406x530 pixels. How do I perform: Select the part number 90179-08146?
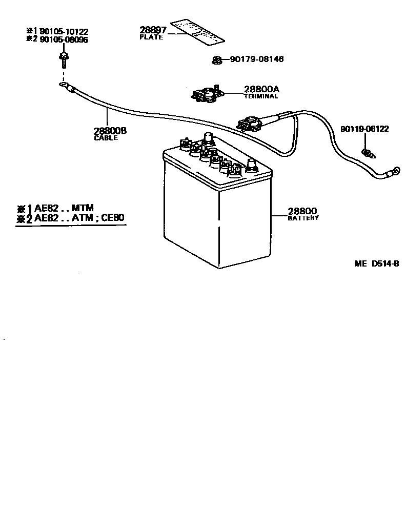[256, 59]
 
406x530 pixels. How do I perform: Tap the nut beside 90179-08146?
[216, 60]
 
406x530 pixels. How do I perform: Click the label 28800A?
[261, 89]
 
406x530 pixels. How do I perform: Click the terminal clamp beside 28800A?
[208, 94]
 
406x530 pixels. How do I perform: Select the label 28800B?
[110, 131]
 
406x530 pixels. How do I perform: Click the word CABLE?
[106, 138]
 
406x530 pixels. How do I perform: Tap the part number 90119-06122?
[364, 129]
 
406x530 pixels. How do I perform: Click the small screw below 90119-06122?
[367, 152]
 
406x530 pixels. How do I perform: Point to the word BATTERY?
[303, 218]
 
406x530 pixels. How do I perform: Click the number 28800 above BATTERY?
[302, 211]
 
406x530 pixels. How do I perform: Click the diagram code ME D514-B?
[376, 264]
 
